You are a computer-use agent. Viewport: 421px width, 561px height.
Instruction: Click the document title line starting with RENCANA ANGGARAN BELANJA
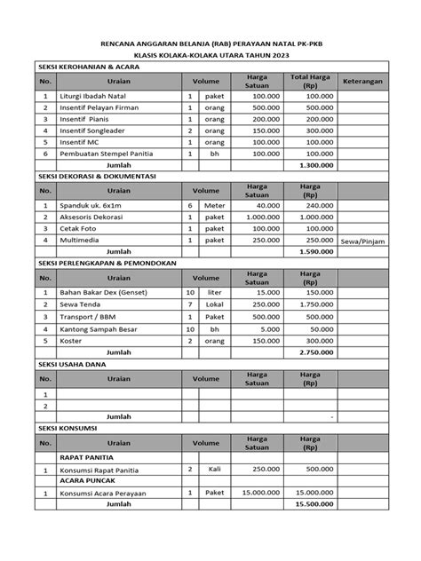point(210,42)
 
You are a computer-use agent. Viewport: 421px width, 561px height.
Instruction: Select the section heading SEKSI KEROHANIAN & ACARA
point(89,67)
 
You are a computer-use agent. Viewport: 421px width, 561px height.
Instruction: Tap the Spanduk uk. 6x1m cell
point(88,205)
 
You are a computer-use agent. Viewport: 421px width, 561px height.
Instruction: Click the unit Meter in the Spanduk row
point(217,205)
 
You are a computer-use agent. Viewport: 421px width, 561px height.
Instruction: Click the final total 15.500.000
point(314,503)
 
